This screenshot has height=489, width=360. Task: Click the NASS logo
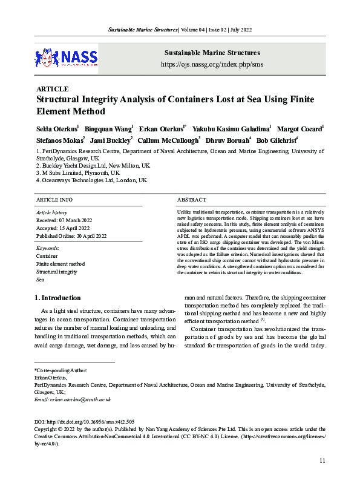tap(66, 58)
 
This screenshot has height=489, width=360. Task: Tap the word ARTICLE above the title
tap(53, 89)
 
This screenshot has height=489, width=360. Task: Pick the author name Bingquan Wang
tap(108, 130)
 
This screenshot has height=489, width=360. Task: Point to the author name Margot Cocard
tap(303, 130)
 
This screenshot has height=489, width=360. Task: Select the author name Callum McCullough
tap(169, 140)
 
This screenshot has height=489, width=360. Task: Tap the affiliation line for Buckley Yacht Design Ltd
tap(93, 165)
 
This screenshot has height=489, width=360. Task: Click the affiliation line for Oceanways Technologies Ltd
tap(91, 180)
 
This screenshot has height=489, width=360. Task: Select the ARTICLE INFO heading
tap(54, 199)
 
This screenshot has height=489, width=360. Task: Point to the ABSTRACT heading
tap(192, 199)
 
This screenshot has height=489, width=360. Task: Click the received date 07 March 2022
tap(63, 220)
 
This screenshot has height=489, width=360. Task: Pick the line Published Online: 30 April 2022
tap(71, 236)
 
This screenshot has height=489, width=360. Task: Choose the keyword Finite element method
tap(61, 264)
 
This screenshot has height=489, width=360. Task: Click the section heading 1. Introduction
tap(57, 298)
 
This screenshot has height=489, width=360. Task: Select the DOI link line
tap(84, 421)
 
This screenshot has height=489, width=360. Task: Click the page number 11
tap(322, 461)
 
